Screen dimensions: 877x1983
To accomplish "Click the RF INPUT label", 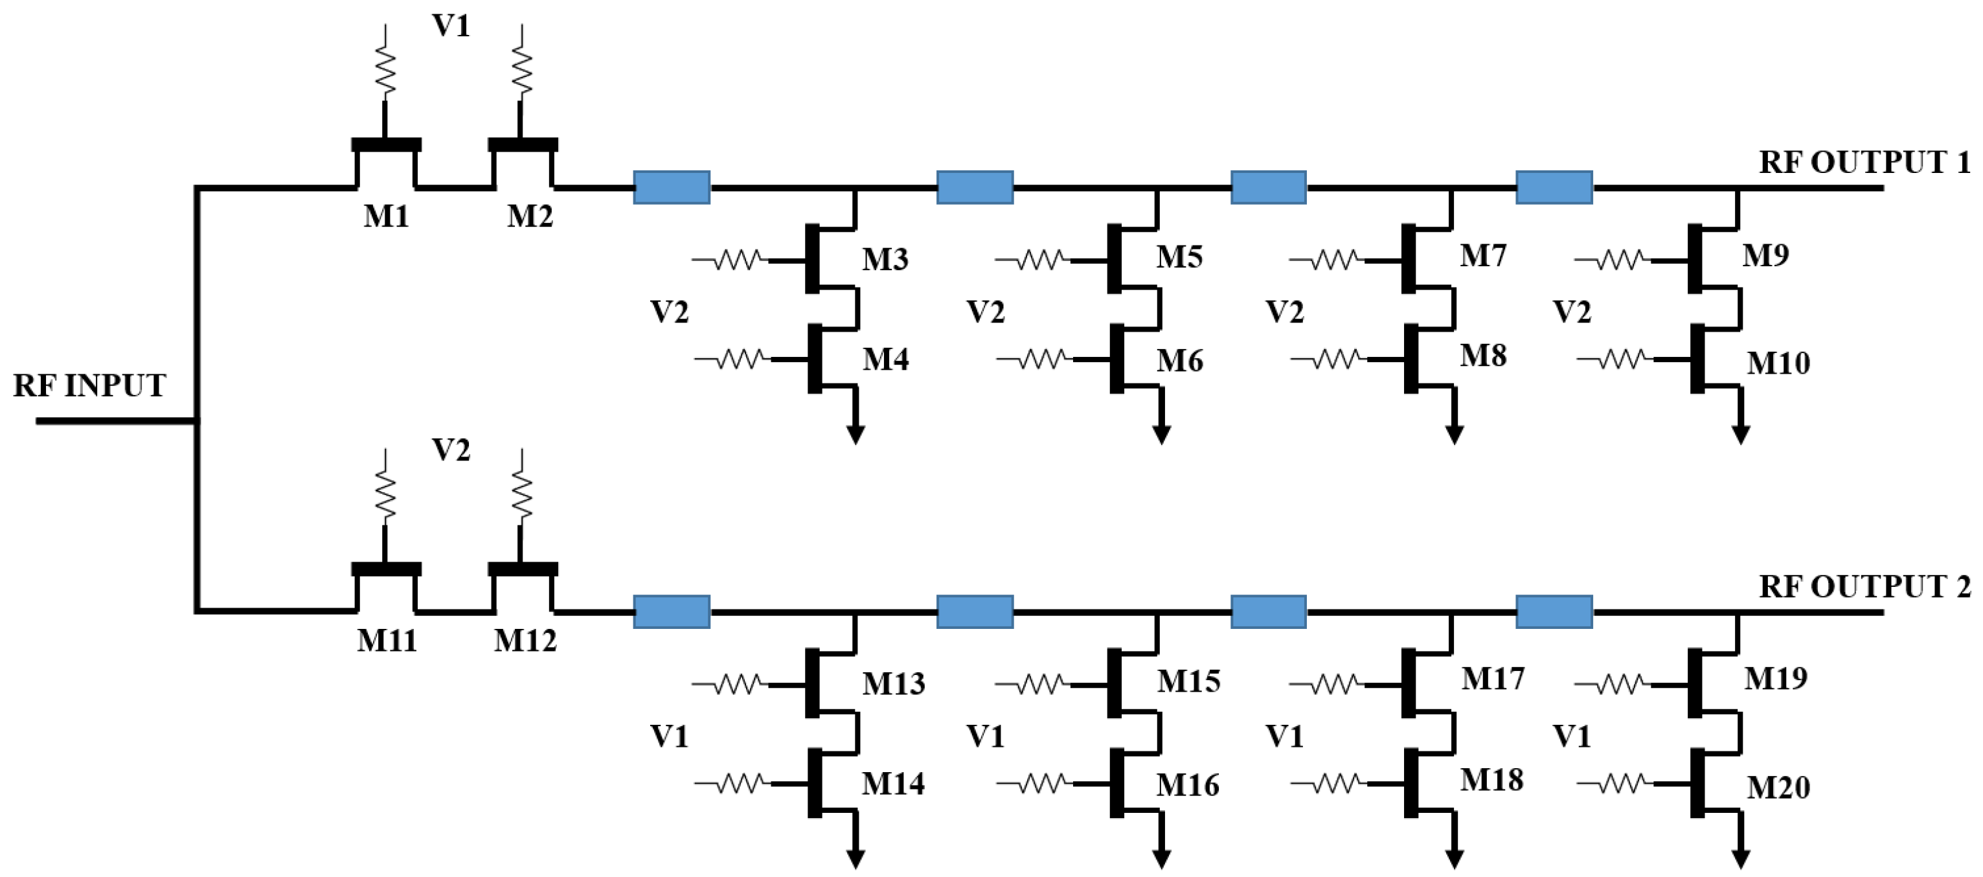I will (x=89, y=385).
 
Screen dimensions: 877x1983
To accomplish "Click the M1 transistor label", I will (x=386, y=216).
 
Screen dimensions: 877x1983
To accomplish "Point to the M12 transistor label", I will (x=525, y=641).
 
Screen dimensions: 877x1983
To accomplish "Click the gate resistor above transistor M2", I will (x=522, y=69).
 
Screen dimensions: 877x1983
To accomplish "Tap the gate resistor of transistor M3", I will (x=738, y=260).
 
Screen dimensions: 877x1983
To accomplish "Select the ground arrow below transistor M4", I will (x=856, y=433).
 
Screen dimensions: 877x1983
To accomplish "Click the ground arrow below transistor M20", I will (x=1741, y=858).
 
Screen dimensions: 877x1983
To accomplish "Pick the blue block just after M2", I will (x=672, y=187).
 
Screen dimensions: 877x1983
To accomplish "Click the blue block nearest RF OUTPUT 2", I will (x=1554, y=612).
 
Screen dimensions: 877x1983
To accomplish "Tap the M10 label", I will (x=1778, y=363).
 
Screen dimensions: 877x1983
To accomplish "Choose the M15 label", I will (x=1188, y=681).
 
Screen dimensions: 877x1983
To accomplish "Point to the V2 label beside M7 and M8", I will (x=1284, y=312).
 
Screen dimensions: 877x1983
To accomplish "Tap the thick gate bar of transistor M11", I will (x=386, y=570).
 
